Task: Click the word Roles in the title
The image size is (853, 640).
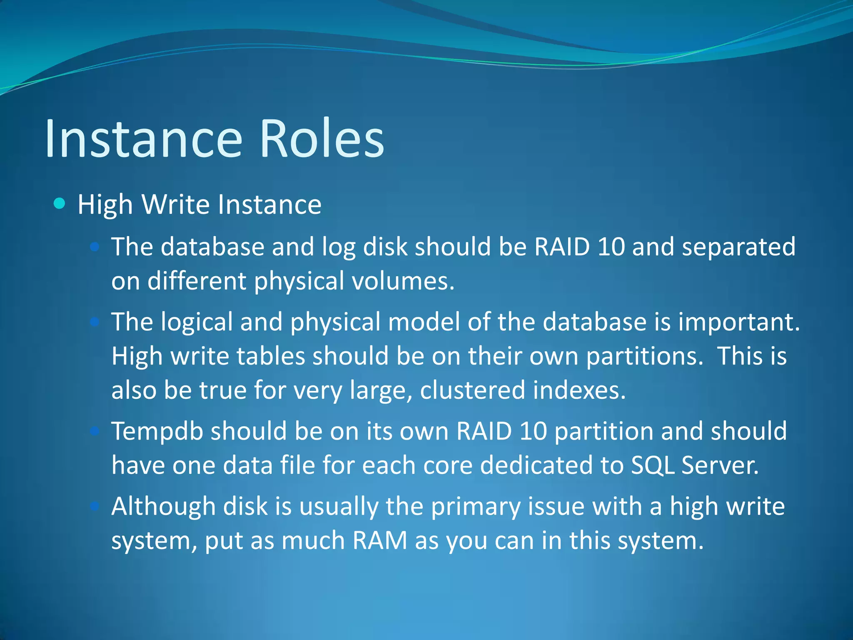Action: (321, 138)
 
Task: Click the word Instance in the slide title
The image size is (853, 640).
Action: (143, 138)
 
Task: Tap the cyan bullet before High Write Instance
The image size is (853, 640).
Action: (60, 204)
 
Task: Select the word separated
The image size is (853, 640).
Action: (738, 247)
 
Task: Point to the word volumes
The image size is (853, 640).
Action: (403, 281)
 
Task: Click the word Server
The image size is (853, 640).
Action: (721, 465)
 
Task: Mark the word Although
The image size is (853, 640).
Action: (163, 507)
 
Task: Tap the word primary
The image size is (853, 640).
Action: (476, 507)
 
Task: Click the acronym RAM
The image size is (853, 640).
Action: (379, 541)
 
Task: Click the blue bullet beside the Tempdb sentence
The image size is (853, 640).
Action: (95, 431)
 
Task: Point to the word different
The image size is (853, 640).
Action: (197, 281)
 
